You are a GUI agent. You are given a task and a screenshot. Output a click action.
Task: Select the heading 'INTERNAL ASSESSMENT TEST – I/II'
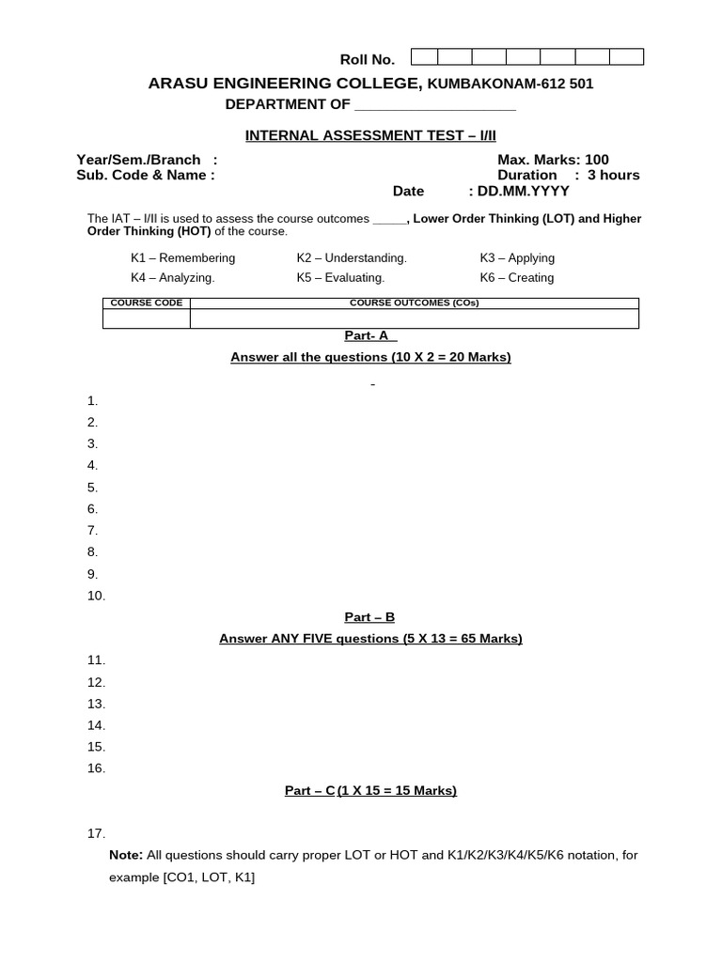(x=370, y=135)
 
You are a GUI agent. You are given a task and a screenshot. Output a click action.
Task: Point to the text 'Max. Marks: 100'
(x=553, y=160)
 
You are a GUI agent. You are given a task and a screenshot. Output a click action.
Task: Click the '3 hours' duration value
(x=613, y=175)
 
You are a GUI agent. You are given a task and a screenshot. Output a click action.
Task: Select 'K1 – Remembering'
(x=182, y=258)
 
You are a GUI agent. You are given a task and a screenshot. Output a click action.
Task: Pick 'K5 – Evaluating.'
(x=340, y=278)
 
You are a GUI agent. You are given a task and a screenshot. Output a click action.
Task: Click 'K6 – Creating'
(x=516, y=278)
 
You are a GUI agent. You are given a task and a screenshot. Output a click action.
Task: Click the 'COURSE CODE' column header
(x=146, y=303)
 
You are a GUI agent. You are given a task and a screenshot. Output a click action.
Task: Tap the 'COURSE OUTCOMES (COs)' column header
(x=414, y=303)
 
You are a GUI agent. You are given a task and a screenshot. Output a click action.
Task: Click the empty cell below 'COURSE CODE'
(x=146, y=319)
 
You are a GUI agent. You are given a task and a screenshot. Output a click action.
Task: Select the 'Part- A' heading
(x=370, y=335)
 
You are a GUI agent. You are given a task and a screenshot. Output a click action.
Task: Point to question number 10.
(x=97, y=596)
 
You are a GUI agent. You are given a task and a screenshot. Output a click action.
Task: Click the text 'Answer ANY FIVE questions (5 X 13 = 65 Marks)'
(x=370, y=639)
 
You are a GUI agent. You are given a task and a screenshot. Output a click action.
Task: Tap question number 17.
(x=96, y=833)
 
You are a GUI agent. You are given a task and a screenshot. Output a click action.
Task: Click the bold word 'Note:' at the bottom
(x=126, y=855)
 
